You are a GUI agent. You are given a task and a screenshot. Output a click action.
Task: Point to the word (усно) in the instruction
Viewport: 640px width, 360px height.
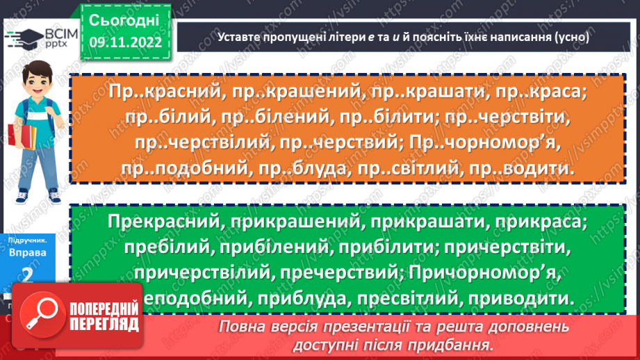pos(572,38)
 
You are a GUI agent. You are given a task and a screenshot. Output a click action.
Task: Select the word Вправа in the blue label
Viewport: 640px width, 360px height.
pos(28,252)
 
